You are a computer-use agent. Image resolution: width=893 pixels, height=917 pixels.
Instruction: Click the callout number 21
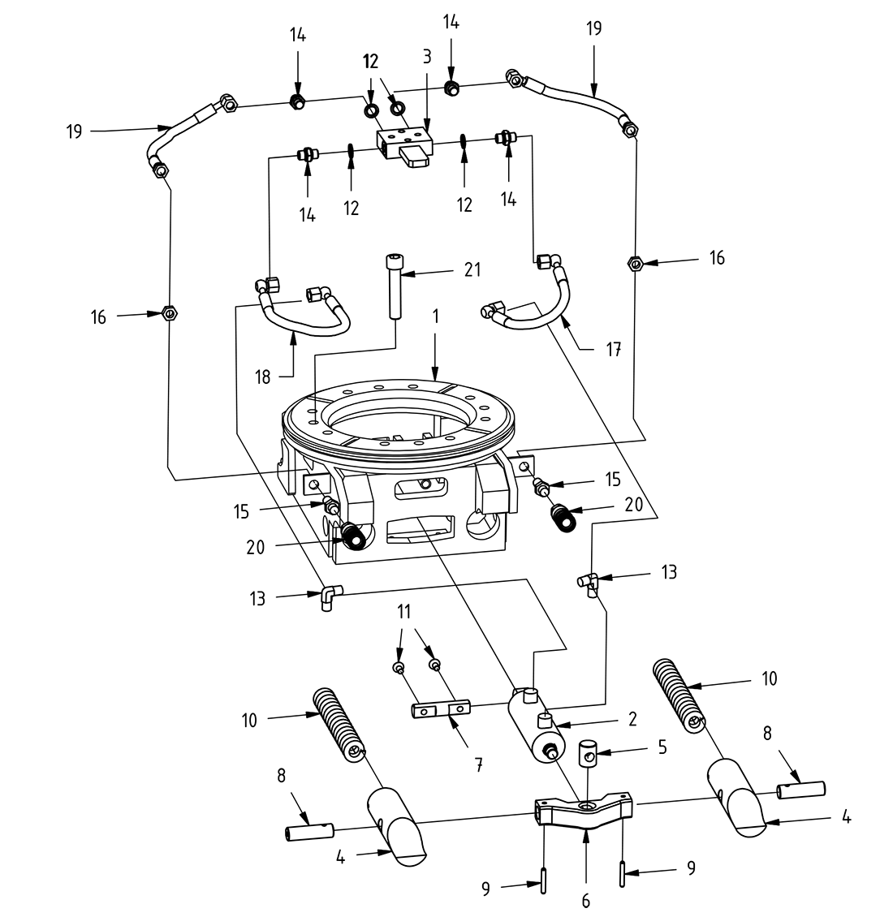[x=472, y=271]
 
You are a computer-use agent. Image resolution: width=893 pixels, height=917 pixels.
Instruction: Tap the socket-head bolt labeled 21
[x=394, y=287]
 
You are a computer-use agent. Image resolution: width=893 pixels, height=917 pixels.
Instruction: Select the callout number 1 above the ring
[x=436, y=316]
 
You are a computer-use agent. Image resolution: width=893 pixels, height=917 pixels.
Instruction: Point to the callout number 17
[x=615, y=349]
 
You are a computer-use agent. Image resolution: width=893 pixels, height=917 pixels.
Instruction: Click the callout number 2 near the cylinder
[x=632, y=719]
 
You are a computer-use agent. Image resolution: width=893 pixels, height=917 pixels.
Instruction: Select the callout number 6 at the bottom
[x=585, y=900]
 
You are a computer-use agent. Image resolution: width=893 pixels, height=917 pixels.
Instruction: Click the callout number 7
[x=478, y=764]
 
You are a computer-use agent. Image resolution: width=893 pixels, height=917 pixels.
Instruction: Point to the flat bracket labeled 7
[x=441, y=710]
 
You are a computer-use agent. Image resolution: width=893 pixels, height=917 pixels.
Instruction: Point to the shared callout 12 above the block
[x=371, y=62]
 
